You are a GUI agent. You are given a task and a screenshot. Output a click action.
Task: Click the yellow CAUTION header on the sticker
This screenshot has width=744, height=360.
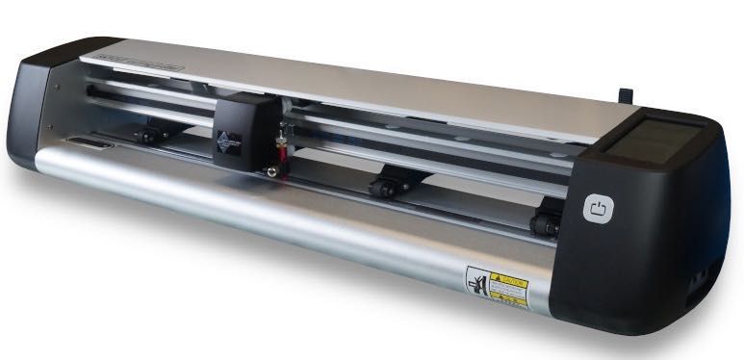tap(508, 277)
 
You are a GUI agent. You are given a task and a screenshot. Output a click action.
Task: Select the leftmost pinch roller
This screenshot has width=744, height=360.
tap(148, 136)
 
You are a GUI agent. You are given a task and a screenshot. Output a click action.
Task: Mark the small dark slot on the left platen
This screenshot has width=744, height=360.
tap(86, 146)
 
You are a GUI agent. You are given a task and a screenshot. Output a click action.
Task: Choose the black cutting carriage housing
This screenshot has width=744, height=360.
tap(245, 125)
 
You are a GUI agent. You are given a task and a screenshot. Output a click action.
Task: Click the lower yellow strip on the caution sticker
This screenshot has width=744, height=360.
tap(509, 300)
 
